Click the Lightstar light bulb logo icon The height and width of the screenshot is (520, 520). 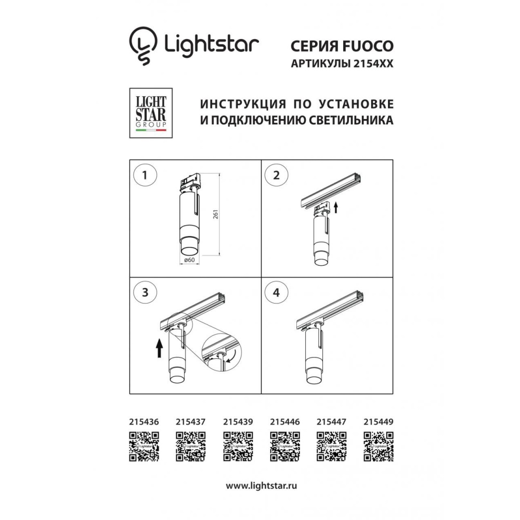[143, 45]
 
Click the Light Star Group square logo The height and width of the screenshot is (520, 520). [151, 113]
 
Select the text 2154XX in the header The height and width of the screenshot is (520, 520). [373, 63]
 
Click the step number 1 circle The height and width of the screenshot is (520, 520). [145, 175]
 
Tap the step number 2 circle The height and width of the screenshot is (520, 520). [276, 175]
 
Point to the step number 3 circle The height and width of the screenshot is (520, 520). [145, 292]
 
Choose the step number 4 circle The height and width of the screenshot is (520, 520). [276, 292]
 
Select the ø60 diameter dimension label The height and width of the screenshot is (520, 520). [189, 260]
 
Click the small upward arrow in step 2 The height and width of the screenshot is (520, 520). [335, 208]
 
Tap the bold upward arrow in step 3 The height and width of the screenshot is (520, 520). [160, 348]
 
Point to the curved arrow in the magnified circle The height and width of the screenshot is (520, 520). [231, 357]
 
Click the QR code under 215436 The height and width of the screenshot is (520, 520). [144, 446]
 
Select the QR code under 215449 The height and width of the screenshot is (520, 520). [379, 446]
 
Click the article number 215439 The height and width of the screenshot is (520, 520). [238, 422]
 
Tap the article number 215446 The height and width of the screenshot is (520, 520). [285, 422]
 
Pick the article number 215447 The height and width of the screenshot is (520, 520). [331, 422]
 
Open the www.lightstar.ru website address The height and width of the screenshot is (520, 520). [262, 486]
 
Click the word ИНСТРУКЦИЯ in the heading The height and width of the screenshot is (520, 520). [243, 104]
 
